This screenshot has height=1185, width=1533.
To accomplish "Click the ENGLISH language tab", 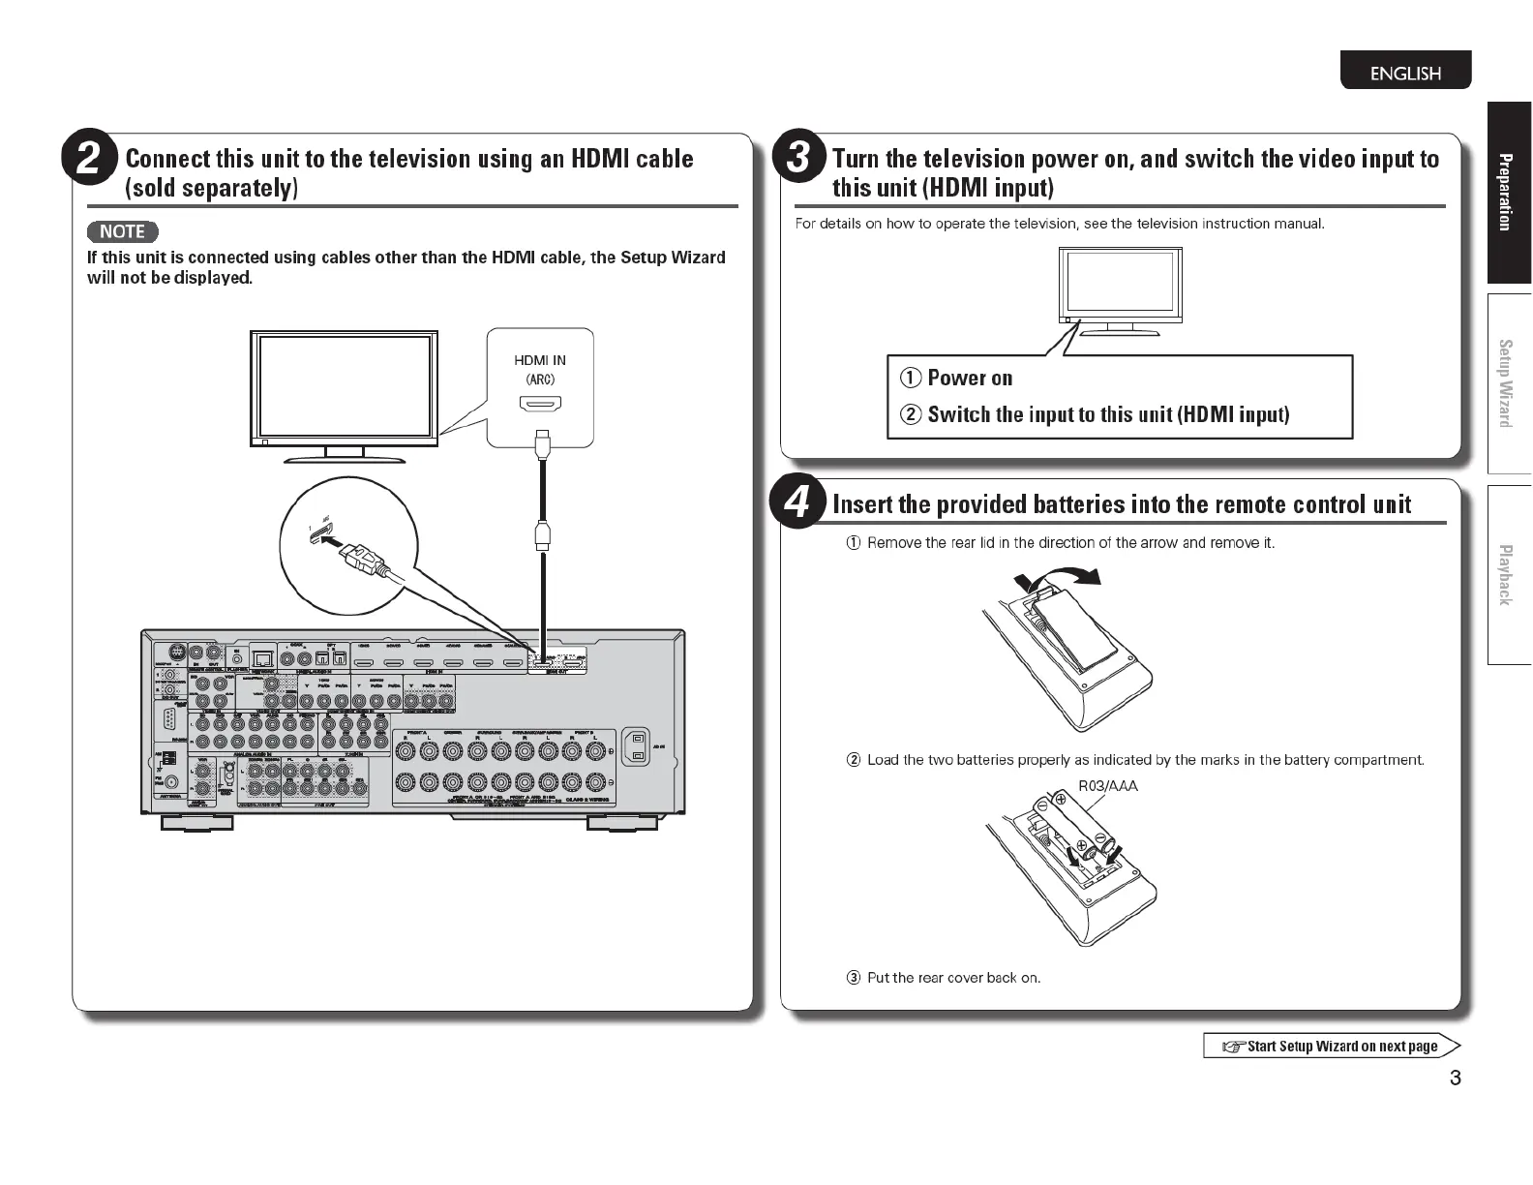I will point(1405,74).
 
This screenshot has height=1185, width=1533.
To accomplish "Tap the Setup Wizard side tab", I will point(1506,382).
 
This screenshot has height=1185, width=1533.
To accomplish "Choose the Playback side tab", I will point(1506,575).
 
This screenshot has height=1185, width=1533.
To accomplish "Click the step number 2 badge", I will point(88,159).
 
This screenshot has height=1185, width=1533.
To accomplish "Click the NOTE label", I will point(122,232).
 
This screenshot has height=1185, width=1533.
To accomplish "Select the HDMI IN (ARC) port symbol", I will point(540,404).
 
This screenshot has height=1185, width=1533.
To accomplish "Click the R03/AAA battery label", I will point(1108,786).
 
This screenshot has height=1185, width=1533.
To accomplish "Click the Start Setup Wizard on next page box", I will point(1331,1046).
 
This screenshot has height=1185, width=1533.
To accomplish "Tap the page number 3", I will point(1456,1079).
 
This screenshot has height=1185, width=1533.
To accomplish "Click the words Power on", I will point(970,378).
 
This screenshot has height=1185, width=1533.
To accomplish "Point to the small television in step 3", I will point(1120,289).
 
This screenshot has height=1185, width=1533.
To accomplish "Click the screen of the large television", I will point(345,385).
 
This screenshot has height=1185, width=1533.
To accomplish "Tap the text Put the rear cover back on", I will point(953,978).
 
